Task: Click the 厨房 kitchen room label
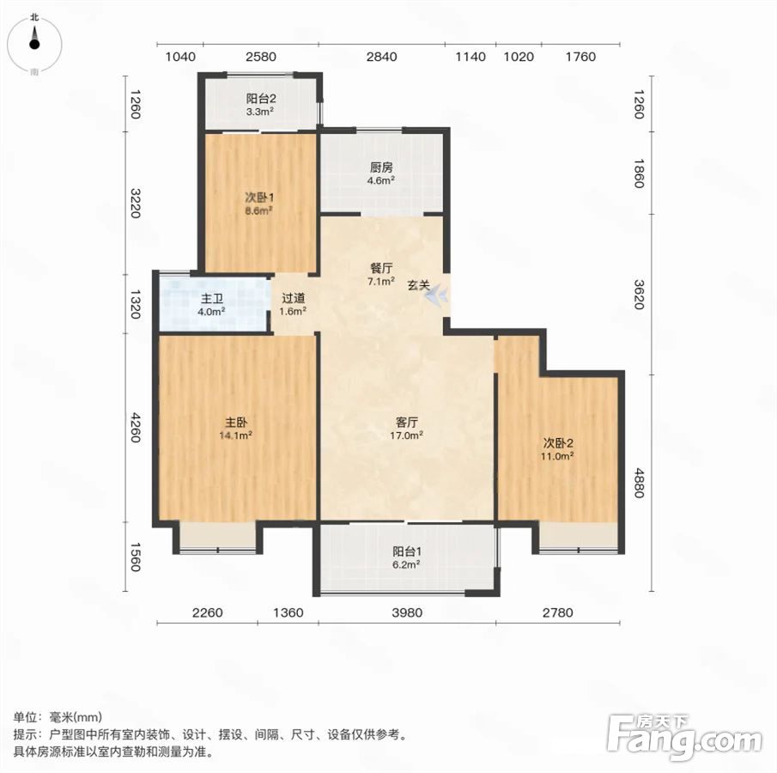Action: tap(381, 167)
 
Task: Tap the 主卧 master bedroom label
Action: tap(236, 423)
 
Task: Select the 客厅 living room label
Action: tap(406, 423)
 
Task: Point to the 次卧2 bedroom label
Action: tap(558, 443)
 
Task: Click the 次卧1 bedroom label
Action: tap(259, 198)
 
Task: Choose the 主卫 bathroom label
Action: tap(211, 299)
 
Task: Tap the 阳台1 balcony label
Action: tap(407, 551)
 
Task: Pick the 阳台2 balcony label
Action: tap(261, 99)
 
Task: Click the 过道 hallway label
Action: tap(293, 298)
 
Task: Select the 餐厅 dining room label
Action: tap(381, 268)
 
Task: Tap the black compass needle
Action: tap(34, 38)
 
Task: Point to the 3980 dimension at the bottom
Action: tap(407, 613)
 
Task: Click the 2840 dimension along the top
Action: tap(381, 57)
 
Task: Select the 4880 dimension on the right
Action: tap(640, 483)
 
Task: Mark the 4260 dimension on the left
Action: tap(135, 428)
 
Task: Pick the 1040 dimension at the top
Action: tap(180, 57)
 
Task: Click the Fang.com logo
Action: tap(684, 736)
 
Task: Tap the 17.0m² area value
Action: tap(406, 435)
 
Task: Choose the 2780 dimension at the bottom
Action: tap(557, 613)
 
